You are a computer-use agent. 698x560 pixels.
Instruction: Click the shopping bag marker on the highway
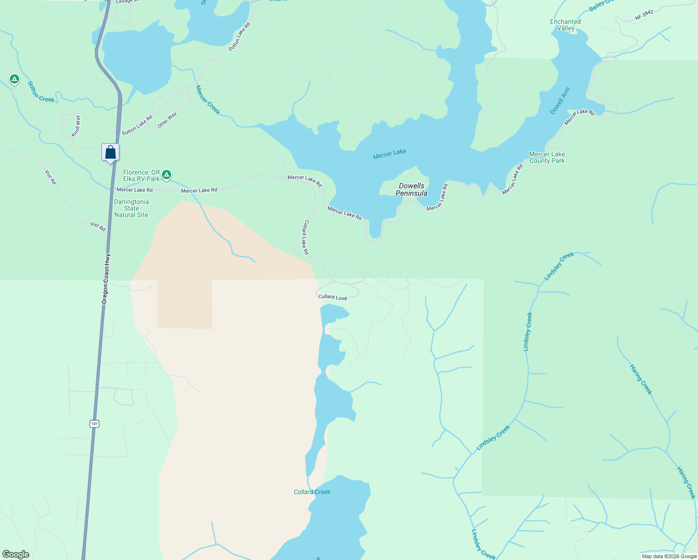pyautogui.click(x=110, y=153)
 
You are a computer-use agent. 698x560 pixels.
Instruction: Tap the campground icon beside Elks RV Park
pyautogui.click(x=167, y=175)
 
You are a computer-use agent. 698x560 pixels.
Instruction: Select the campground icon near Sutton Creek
pyautogui.click(x=14, y=79)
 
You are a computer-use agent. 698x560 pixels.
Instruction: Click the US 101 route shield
pyautogui.click(x=95, y=424)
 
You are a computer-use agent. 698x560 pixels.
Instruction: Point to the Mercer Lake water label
pyautogui.click(x=390, y=154)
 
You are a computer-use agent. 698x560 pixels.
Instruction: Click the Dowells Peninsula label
pyautogui.click(x=412, y=189)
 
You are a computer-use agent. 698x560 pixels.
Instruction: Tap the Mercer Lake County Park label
pyautogui.click(x=547, y=157)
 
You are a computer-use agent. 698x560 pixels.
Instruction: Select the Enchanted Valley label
pyautogui.click(x=565, y=25)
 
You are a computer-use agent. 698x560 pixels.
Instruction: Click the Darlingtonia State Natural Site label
pyautogui.click(x=131, y=208)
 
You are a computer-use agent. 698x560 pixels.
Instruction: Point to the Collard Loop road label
pyautogui.click(x=333, y=297)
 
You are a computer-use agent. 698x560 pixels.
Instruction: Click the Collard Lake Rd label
pyautogui.click(x=306, y=237)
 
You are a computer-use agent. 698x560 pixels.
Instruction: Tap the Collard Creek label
pyautogui.click(x=312, y=492)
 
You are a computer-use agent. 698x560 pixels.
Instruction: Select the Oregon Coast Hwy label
pyautogui.click(x=106, y=279)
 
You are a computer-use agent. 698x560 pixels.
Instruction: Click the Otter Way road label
pyautogui.click(x=167, y=120)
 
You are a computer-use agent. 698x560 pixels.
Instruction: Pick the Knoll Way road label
pyautogui.click(x=76, y=126)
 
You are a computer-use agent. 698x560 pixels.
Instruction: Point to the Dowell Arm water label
pyautogui.click(x=560, y=101)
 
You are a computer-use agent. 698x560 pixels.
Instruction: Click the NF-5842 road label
pyautogui.click(x=644, y=15)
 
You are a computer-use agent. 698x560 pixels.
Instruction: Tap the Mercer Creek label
pyautogui.click(x=208, y=99)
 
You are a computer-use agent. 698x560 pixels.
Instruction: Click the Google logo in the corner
pyautogui.click(x=16, y=554)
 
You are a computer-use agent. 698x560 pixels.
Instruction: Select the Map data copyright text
pyautogui.click(x=669, y=556)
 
